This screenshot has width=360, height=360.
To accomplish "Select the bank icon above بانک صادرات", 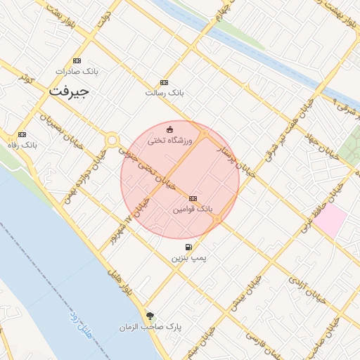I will [77, 61].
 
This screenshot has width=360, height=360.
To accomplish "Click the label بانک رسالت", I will [164, 93].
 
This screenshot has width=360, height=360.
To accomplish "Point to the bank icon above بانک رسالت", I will [165, 82].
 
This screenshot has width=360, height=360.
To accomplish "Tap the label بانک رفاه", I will [22, 145].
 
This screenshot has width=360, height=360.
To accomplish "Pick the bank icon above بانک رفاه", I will [22, 134].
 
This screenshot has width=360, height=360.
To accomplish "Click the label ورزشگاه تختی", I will [169, 141].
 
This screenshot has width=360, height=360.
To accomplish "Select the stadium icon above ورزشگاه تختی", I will [169, 129].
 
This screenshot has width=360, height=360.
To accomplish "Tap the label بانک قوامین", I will [192, 210].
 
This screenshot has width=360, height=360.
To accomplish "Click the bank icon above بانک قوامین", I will [193, 199].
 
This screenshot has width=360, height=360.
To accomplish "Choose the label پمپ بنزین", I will [188, 258].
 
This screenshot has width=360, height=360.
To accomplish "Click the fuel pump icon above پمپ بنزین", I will [188, 247].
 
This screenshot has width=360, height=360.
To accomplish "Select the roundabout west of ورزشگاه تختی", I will [111, 140].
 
